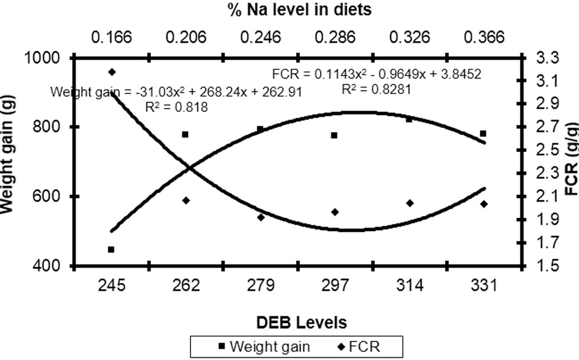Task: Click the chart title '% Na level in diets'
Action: pyautogui.click(x=300, y=9)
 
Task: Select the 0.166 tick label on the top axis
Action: pyautogui.click(x=112, y=37)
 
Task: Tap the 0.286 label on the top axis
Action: pyautogui.click(x=335, y=37)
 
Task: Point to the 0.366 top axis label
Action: pyautogui.click(x=484, y=37)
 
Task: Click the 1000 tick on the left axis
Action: pyautogui.click(x=41, y=58)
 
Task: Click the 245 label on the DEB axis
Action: pyautogui.click(x=112, y=285)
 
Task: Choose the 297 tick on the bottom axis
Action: pyautogui.click(x=335, y=285)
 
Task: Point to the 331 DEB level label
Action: pyautogui.click(x=484, y=285)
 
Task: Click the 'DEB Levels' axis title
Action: pyautogui.click(x=301, y=323)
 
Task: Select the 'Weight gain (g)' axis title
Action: pyautogui.click(x=7, y=155)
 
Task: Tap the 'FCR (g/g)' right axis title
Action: pyautogui.click(x=572, y=159)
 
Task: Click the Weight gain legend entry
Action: pyautogui.click(x=264, y=347)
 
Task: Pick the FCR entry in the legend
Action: pyautogui.click(x=359, y=347)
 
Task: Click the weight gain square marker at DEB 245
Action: pyautogui.click(x=111, y=250)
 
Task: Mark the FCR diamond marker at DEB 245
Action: pyautogui.click(x=112, y=72)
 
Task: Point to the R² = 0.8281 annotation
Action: pyautogui.click(x=376, y=90)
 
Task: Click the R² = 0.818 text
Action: pyautogui.click(x=177, y=107)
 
